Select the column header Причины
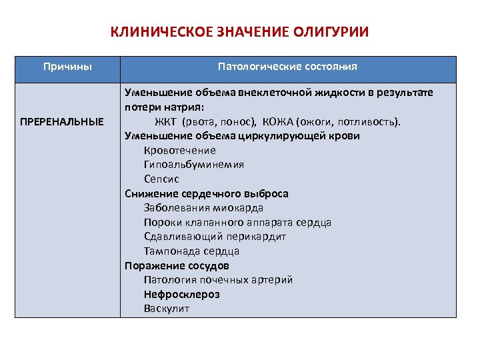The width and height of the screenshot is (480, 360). point(67,67)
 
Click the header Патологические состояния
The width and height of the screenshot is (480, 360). point(287,67)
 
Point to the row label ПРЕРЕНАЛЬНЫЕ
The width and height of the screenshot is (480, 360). point(63,121)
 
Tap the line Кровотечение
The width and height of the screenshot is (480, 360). point(180,150)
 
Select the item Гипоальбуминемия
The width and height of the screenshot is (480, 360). point(194,165)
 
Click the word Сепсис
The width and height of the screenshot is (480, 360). point(161,179)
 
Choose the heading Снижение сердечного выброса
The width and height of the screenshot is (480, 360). point(207,193)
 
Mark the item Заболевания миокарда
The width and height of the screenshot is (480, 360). point(194,208)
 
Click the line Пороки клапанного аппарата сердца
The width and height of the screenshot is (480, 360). point(237,223)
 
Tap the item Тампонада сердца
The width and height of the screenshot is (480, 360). point(191,251)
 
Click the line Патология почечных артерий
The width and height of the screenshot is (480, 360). point(218,280)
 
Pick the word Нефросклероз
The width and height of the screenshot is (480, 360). point(181,294)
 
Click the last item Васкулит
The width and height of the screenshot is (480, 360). point(167,309)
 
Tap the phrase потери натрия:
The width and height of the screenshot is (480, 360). point(163,107)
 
